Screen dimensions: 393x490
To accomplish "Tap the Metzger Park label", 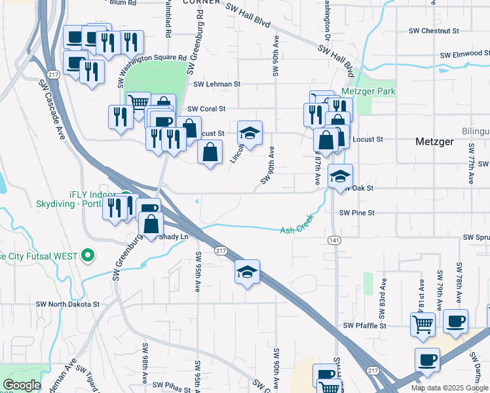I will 368,92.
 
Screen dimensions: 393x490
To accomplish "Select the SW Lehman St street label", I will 217,84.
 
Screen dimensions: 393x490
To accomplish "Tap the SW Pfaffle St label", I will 365,326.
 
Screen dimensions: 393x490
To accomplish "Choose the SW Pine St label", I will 357,213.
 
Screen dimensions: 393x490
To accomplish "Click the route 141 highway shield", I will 334,240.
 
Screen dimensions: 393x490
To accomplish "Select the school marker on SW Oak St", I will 340,176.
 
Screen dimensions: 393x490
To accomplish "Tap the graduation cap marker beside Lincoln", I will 250,133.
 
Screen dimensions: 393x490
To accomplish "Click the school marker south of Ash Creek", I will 248,272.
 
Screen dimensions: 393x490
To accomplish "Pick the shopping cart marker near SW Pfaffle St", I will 423,323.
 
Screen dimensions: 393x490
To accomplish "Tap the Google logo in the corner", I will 22,385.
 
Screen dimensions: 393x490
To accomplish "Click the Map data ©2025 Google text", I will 449,388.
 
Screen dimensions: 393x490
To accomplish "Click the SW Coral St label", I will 206,109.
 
